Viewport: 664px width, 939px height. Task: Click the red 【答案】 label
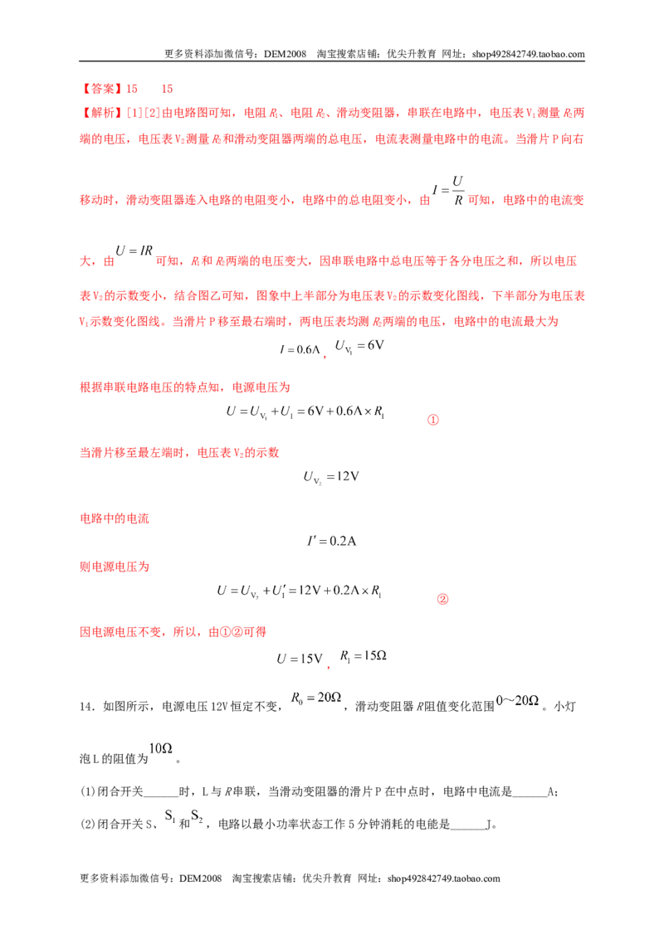click(x=102, y=90)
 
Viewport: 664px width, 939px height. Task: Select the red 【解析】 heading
click(x=102, y=113)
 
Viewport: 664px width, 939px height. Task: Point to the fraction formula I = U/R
click(x=448, y=191)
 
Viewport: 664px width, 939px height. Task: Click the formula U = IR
click(x=134, y=251)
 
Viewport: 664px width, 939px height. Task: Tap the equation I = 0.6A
click(x=300, y=349)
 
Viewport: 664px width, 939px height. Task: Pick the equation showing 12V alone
click(x=331, y=477)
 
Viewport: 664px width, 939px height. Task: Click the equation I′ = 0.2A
click(x=331, y=541)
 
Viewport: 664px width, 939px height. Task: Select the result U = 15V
click(x=300, y=659)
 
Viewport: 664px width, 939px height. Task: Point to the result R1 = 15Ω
click(x=364, y=656)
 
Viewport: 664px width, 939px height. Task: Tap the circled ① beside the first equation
click(x=432, y=420)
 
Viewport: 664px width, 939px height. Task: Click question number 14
click(x=87, y=707)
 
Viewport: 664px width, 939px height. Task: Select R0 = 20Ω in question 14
click(x=316, y=698)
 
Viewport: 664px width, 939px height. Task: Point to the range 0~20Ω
click(x=517, y=700)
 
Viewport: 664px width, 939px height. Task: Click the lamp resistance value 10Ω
click(x=161, y=748)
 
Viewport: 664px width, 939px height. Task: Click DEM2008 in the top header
click(x=285, y=54)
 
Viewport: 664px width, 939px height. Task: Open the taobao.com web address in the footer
click(x=443, y=878)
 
